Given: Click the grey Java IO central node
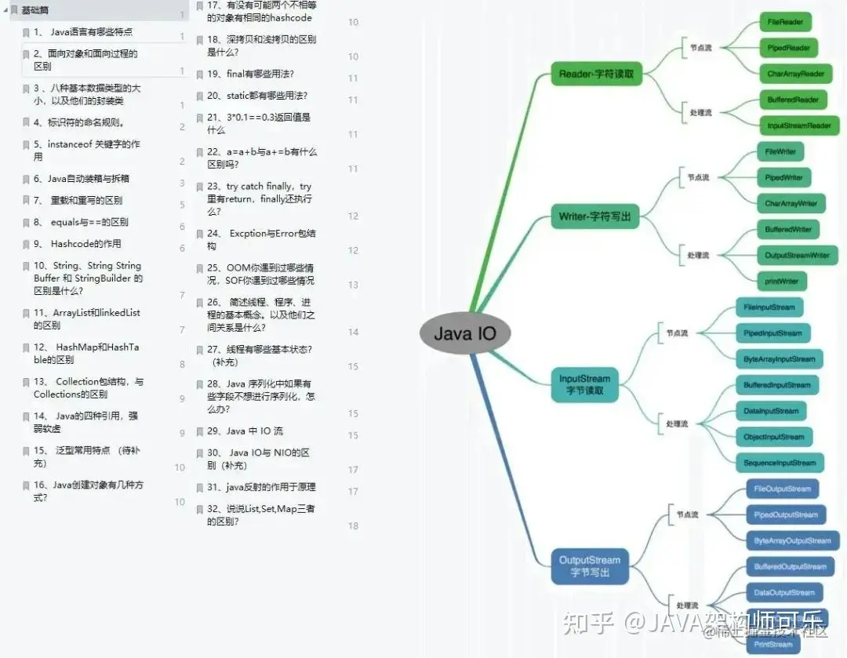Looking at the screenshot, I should click(x=465, y=333).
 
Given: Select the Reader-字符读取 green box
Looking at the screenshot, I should click(x=597, y=75).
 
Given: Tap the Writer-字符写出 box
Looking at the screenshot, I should click(x=595, y=216).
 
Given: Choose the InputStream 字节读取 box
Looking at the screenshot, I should click(x=584, y=384).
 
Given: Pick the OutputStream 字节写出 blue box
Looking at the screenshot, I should click(x=590, y=565).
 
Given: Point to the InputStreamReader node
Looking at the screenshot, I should click(x=799, y=125).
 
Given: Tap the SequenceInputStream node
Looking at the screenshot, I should click(x=780, y=463).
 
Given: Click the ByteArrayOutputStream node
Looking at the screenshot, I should click(x=792, y=540).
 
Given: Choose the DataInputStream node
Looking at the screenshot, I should click(x=771, y=411).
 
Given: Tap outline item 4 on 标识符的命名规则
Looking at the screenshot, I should click(x=78, y=122).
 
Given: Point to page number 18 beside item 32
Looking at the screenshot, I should click(x=353, y=525).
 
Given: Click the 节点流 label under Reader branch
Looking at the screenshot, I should click(x=701, y=48).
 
